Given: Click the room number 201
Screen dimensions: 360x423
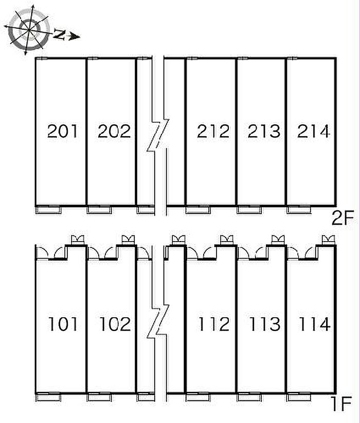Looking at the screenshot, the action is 62,132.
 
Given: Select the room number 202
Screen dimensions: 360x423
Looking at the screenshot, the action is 114,132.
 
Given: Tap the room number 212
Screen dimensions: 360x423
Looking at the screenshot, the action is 213,132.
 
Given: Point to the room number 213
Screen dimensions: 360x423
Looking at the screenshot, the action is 264,132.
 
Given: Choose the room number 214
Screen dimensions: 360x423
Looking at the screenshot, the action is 313,132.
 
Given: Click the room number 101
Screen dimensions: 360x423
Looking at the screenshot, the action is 63,324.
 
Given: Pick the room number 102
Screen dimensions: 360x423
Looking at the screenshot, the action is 115,324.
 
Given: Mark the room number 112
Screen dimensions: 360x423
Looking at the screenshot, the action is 214,324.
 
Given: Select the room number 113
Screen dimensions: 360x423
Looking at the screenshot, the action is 265,324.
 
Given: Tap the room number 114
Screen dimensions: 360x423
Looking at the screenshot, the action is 314,324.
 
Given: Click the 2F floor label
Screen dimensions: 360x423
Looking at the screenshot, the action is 343,218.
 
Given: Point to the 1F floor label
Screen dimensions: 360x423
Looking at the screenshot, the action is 341,404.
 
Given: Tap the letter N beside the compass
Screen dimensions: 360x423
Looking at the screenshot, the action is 59,34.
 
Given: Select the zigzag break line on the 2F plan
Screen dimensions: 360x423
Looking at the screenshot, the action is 158,135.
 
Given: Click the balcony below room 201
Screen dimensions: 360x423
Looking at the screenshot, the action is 48,210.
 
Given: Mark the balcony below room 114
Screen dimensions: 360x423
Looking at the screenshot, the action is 299,397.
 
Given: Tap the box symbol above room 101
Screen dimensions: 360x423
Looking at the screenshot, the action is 77,240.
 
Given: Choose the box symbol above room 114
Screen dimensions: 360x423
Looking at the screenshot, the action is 329,240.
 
